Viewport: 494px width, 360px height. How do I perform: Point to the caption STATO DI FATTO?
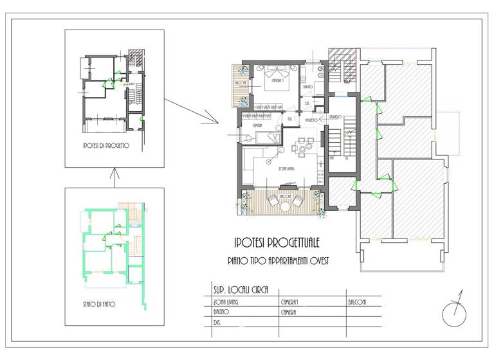click(100, 304)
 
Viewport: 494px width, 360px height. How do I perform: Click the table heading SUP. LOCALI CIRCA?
click(241, 289)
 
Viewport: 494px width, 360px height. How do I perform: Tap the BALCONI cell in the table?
click(358, 300)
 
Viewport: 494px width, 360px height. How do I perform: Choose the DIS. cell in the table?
click(217, 322)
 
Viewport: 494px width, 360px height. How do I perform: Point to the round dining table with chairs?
click(303, 147)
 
